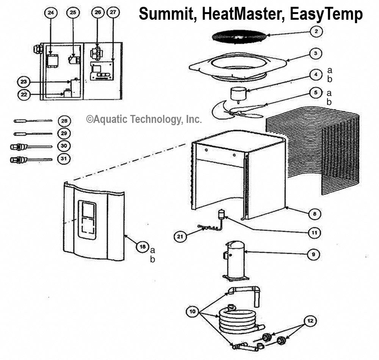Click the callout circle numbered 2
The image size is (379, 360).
pyautogui.click(x=316, y=31)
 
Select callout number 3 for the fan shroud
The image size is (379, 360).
pyautogui.click(x=315, y=53)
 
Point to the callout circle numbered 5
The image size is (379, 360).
pyautogui.click(x=315, y=92)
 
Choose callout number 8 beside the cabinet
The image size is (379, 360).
pyautogui.click(x=314, y=214)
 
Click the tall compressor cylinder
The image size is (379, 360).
pyautogui.click(x=235, y=260)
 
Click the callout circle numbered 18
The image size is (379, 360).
pyautogui.click(x=143, y=247)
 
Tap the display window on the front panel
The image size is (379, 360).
pyautogui.click(x=87, y=219)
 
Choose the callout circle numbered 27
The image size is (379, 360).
pyautogui.click(x=113, y=13)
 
